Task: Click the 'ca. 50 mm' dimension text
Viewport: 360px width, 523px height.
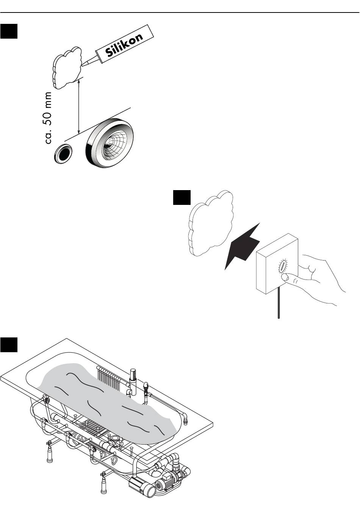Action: coord(48,118)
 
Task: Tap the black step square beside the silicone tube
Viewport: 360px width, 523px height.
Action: coord(9,31)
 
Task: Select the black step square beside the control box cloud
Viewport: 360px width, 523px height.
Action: coord(182,197)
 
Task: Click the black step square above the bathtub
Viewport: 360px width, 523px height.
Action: coord(9,344)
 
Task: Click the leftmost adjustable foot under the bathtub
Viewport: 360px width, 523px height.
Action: coord(49,454)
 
